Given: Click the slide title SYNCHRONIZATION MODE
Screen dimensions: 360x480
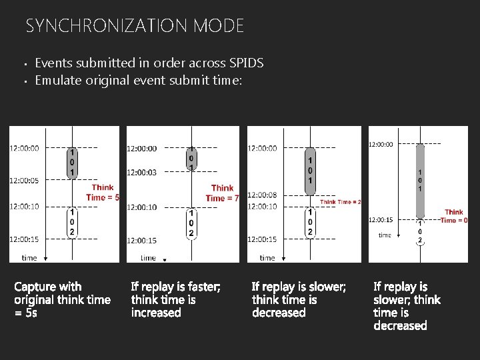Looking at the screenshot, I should pyautogui.click(x=135, y=26).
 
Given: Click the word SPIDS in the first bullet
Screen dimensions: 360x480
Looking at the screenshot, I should pyautogui.click(x=246, y=63).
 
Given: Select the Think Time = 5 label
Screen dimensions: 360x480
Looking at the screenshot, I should pyautogui.click(x=103, y=193).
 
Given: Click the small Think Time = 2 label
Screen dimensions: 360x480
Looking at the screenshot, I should pyautogui.click(x=341, y=202).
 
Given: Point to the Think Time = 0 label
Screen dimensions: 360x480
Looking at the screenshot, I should pyautogui.click(x=453, y=216).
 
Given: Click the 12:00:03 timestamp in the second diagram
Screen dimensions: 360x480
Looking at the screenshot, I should pyautogui.click(x=142, y=173).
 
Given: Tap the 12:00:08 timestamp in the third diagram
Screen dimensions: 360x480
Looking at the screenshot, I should pyautogui.click(x=262, y=195).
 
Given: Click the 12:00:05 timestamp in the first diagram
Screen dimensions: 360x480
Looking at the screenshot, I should pyautogui.click(x=24, y=180).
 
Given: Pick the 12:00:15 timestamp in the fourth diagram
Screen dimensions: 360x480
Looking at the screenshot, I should pyautogui.click(x=381, y=220).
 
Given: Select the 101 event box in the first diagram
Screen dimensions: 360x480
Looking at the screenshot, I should pyautogui.click(x=71, y=163).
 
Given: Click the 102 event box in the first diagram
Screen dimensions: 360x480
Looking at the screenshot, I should pyautogui.click(x=71, y=223).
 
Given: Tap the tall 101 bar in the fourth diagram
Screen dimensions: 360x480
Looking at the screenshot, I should pyautogui.click(x=420, y=180).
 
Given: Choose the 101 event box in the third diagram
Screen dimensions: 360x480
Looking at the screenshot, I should pyautogui.click(x=309, y=171).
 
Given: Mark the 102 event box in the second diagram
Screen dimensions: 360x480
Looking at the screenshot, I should pyautogui.click(x=191, y=223).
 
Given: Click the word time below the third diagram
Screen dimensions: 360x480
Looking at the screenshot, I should pyautogui.click(x=267, y=257).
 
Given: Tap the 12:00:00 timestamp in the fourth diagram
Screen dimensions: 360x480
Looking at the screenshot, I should pyautogui.click(x=381, y=143).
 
